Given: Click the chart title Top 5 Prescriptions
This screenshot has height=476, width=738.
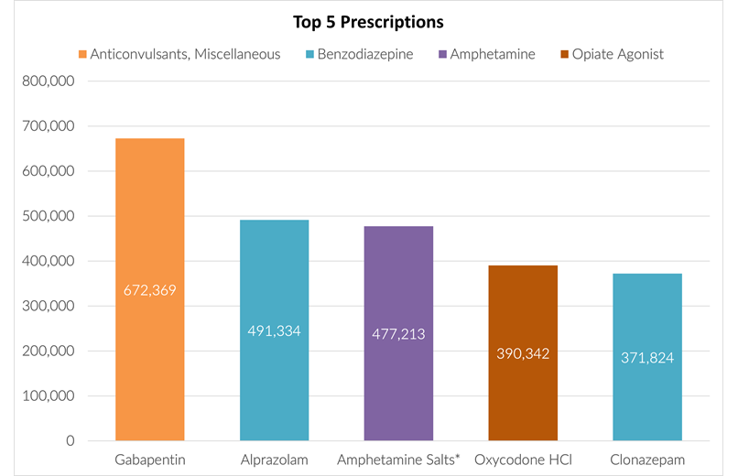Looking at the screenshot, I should click(x=368, y=21).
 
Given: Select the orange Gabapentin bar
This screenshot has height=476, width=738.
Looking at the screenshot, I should click(x=149, y=366).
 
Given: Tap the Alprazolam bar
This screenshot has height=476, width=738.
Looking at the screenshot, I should click(x=274, y=384).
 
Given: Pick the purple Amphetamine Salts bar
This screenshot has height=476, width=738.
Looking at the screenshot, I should click(x=398, y=384).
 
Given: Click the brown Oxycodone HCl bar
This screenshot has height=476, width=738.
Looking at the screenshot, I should click(x=523, y=403).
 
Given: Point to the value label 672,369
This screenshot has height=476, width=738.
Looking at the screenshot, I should click(x=149, y=290).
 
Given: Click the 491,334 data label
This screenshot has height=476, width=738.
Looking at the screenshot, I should click(x=274, y=330).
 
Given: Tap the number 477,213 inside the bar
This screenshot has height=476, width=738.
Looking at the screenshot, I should click(x=398, y=334).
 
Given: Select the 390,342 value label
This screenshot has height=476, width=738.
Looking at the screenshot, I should click(x=523, y=353).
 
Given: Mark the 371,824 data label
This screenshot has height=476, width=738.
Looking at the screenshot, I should click(x=647, y=358).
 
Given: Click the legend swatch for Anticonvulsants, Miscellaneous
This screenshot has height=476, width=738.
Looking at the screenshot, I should click(x=82, y=55).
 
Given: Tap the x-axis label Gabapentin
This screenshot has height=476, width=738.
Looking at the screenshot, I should click(x=149, y=459).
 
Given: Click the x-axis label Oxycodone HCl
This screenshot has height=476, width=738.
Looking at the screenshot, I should click(x=523, y=459).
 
